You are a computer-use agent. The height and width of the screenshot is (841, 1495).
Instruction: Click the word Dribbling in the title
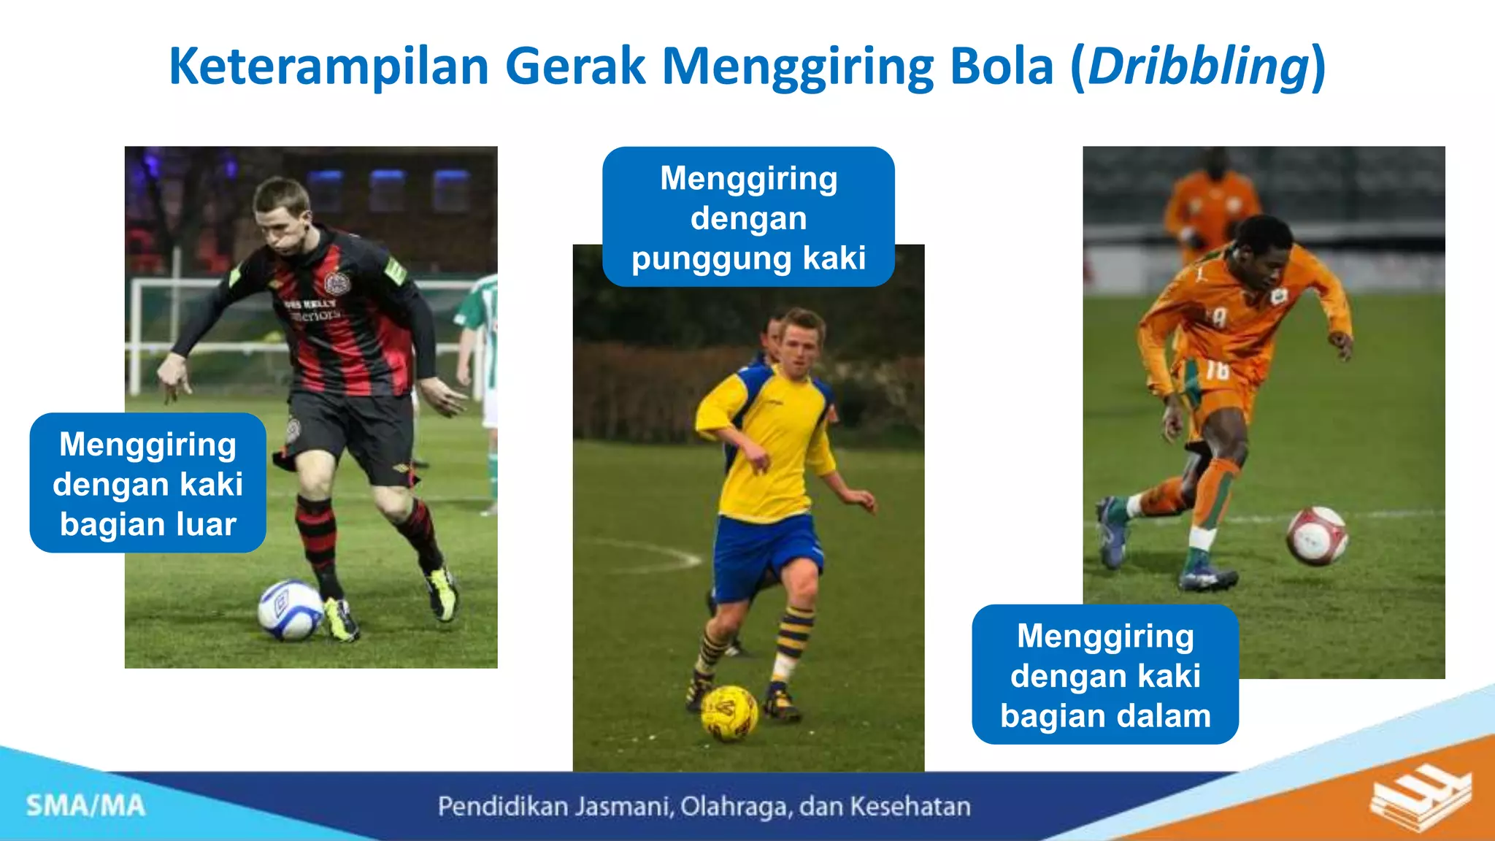(x=1197, y=67)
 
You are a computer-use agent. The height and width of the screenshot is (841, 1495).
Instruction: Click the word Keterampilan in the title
(x=328, y=67)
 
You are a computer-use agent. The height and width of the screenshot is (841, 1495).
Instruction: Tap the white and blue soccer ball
(x=290, y=610)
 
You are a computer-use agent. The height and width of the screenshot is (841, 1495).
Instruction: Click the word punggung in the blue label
(x=711, y=258)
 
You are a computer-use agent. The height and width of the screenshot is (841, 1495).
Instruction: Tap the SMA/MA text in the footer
(x=86, y=806)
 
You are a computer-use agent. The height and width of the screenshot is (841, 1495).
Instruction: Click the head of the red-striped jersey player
(x=283, y=215)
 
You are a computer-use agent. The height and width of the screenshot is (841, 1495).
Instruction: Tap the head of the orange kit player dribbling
(x=1263, y=252)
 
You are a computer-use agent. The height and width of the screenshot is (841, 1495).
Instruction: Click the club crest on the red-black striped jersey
(x=337, y=283)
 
